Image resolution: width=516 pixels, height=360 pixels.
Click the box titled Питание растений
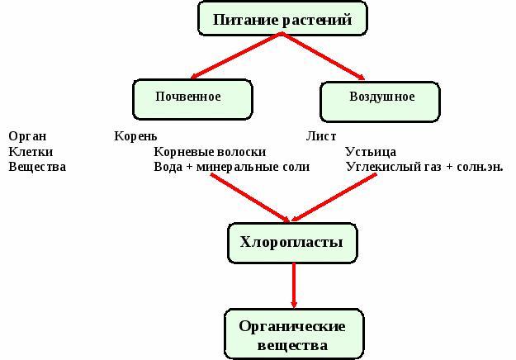[x=282, y=18]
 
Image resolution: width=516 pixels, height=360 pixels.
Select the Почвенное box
[x=192, y=98]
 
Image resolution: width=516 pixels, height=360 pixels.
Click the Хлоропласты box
[x=292, y=243]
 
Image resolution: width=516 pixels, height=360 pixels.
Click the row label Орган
[x=27, y=135]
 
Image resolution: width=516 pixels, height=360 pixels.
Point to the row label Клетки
[x=31, y=151]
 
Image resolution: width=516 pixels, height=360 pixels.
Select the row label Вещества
[x=36, y=167]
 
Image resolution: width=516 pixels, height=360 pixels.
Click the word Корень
[x=135, y=135]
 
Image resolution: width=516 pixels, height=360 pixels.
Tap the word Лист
[x=320, y=135]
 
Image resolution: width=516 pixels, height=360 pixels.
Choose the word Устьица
[x=371, y=151]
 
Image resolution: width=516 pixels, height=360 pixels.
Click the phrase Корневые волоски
[x=210, y=151]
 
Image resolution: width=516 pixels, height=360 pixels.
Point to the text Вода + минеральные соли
[x=231, y=167]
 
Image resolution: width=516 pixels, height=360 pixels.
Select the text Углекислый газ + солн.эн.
[x=424, y=167]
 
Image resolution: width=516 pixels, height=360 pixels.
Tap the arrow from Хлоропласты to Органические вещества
[x=294, y=286]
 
